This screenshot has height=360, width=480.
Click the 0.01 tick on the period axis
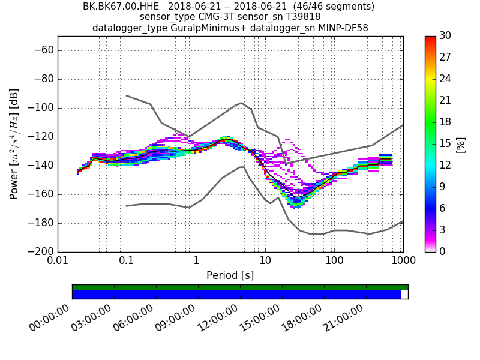click(58, 262)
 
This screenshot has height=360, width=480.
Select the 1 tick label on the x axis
click(196, 262)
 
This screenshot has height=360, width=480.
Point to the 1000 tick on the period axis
click(403, 262)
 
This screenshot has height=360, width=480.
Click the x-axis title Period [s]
click(230, 275)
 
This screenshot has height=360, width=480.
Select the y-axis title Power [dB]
click(14, 144)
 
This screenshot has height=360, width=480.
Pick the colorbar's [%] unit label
click(461, 144)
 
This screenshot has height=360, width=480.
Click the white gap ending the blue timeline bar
click(404, 295)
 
